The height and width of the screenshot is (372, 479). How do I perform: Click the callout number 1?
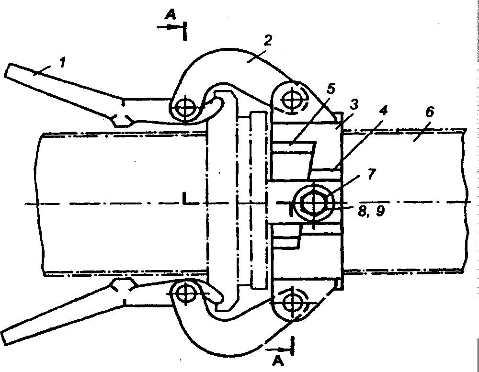point(62,62)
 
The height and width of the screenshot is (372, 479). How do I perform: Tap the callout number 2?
point(268,40)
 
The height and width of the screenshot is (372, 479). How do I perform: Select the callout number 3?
point(354,104)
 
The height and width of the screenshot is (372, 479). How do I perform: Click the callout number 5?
point(331,89)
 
